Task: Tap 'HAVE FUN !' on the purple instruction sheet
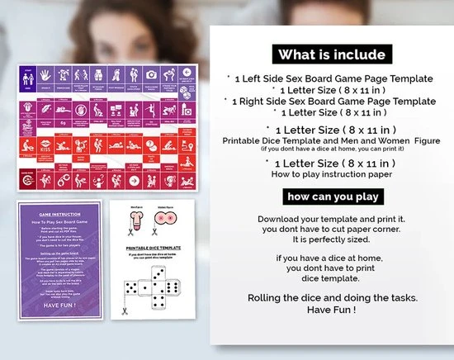pyautogui.click(x=59, y=302)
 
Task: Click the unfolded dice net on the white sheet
pyautogui.click(x=154, y=285)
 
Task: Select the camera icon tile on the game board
pyautogui.click(x=150, y=74)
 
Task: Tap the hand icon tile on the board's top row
pyautogui.click(x=169, y=74)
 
